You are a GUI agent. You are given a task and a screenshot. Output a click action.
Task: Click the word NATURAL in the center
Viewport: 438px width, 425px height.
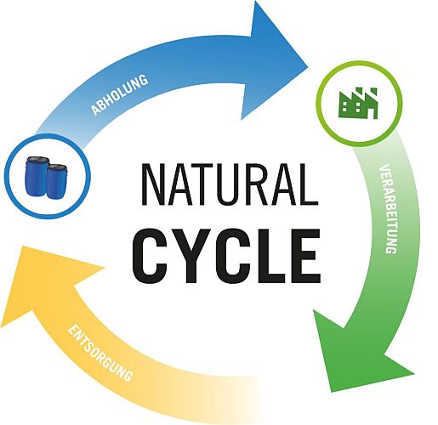[230, 184]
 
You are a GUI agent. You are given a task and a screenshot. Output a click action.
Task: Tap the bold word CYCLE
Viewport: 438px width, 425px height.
[226, 257]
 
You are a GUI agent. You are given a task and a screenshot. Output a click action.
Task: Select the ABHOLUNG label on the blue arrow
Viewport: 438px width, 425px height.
[120, 95]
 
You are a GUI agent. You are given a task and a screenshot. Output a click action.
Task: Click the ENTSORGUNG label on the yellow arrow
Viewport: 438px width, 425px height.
[100, 353]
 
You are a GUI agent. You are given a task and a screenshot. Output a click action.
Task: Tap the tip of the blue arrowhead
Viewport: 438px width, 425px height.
[308, 67]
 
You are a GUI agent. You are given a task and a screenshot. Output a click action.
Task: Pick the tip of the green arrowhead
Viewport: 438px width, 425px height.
[332, 392]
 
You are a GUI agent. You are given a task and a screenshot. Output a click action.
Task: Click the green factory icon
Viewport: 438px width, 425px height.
[358, 103]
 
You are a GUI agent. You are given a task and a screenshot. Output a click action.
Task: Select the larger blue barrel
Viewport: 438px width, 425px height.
[37, 176]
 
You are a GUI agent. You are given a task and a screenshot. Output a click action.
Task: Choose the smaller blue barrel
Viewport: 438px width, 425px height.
[57, 181]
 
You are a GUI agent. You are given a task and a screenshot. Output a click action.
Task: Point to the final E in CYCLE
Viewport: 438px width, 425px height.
[305, 257]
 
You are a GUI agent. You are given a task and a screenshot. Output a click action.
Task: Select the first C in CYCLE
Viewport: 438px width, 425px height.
[151, 257]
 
